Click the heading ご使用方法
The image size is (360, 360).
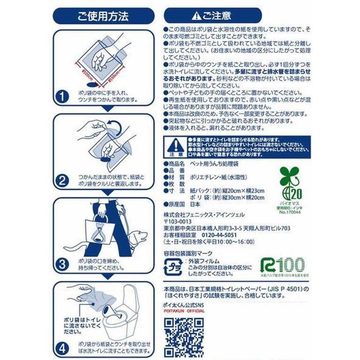(x=103, y=16)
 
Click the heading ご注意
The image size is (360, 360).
(x=212, y=16)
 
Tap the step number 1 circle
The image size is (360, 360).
(x=62, y=98)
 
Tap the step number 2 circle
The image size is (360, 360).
(x=62, y=180)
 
